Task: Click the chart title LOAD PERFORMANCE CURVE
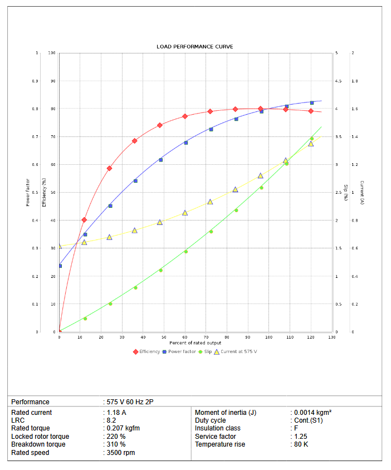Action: point(195,46)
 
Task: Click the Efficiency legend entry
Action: point(149,351)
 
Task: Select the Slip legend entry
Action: point(208,351)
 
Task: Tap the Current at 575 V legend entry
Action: point(239,351)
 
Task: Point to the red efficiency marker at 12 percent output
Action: point(84,220)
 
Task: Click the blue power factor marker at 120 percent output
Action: point(311,102)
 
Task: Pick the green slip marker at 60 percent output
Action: point(186,252)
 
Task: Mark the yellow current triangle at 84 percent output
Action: point(235,189)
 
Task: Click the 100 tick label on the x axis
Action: point(269,337)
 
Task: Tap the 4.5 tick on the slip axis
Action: point(338,81)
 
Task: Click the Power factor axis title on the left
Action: point(28,192)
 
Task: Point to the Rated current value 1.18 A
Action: point(116,413)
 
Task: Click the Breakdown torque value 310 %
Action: point(116,444)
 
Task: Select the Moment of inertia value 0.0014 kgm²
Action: point(313,413)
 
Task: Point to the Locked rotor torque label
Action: point(40,437)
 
